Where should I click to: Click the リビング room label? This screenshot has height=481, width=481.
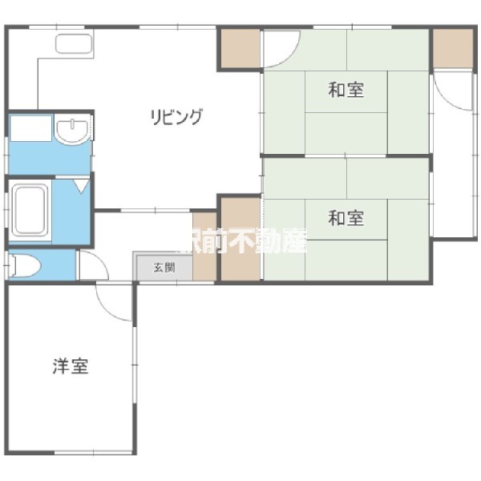pos(176,117)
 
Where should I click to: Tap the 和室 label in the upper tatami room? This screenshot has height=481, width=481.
pos(346,90)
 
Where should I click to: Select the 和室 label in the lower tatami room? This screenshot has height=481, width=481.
pos(346,217)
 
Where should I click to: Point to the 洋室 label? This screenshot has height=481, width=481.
pos(71,367)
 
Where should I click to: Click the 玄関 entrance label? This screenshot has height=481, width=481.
pos(164,268)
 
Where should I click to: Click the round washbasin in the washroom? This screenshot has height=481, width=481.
pos(73,131)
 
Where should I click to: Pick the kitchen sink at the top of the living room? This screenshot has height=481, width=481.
pos(75,43)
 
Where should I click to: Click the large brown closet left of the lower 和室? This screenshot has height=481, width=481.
pos(240,239)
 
